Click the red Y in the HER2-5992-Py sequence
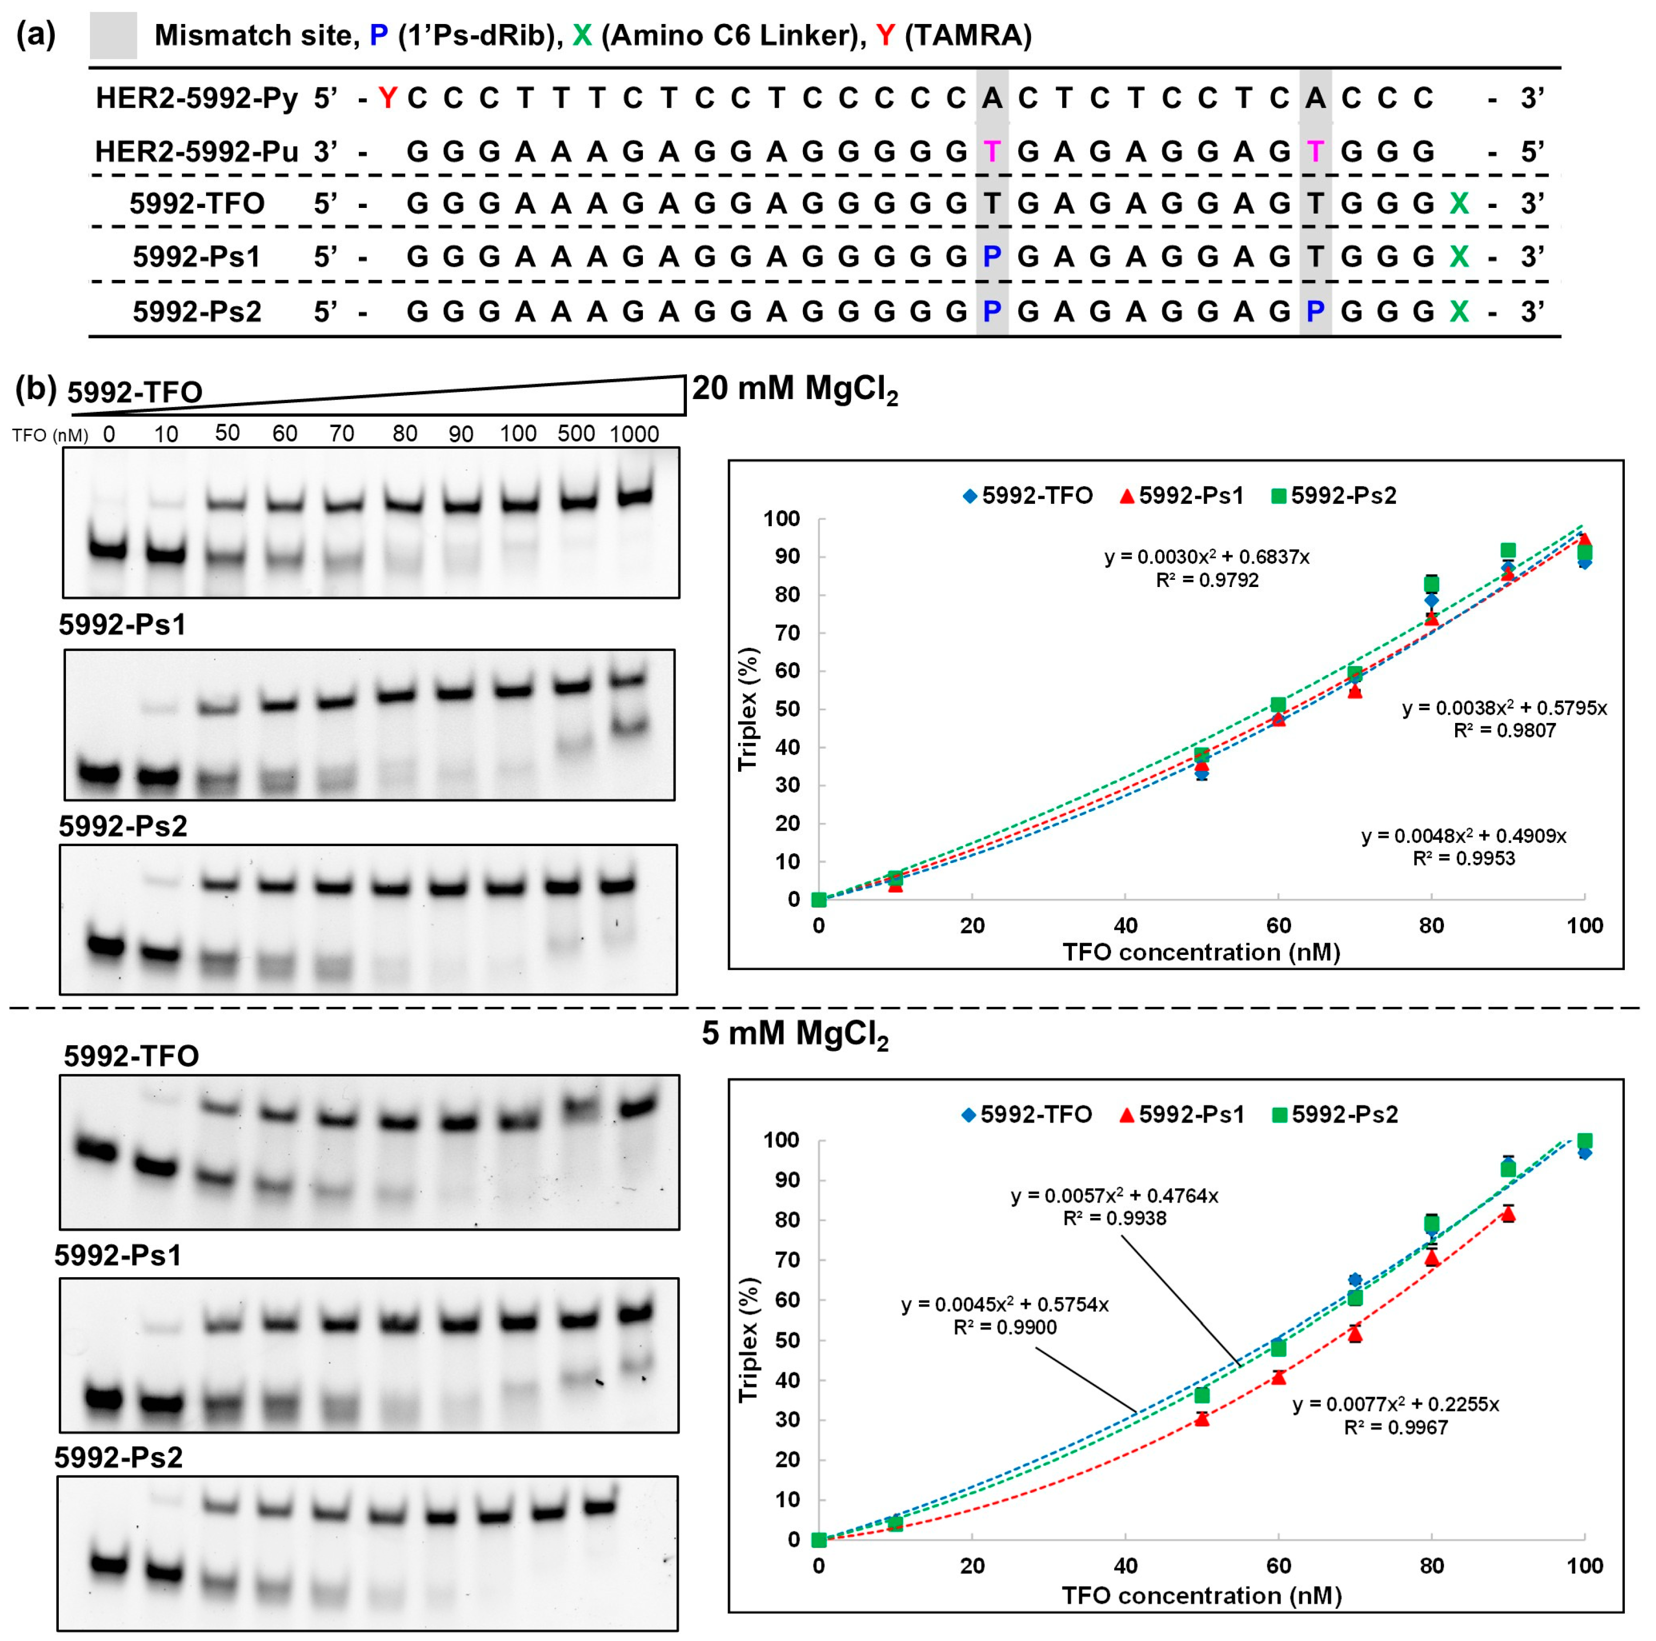[x=387, y=99]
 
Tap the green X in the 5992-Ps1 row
[x=1458, y=256]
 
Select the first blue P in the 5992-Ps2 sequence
[x=992, y=311]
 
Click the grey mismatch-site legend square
[x=113, y=35]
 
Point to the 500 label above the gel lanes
[x=576, y=434]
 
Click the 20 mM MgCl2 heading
[x=795, y=390]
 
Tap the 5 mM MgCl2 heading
[x=795, y=1034]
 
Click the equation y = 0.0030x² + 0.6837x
[x=1207, y=557]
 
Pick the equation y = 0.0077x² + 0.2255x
[x=1395, y=1403]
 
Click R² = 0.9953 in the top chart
[x=1463, y=859]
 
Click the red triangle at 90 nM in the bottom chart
[x=1508, y=1213]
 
